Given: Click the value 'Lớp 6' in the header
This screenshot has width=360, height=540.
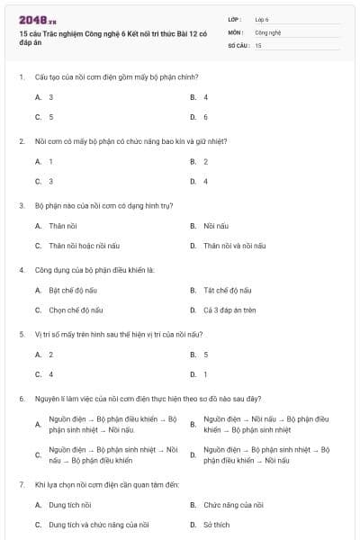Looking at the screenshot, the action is point(262,18).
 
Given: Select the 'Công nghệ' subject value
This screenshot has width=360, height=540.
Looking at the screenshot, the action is point(268,31).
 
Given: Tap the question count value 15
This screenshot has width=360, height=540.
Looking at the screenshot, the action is point(258,44).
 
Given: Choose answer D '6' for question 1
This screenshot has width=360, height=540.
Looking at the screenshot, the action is point(205,117).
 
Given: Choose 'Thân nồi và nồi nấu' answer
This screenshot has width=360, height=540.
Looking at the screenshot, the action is point(234,245).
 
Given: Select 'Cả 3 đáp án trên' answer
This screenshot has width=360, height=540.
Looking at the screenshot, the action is point(229,310).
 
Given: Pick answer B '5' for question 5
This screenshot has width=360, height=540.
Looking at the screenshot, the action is point(205,354).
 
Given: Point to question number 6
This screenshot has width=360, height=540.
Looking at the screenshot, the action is point(21,397).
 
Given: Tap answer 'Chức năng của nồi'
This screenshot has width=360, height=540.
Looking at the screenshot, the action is point(233,505).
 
